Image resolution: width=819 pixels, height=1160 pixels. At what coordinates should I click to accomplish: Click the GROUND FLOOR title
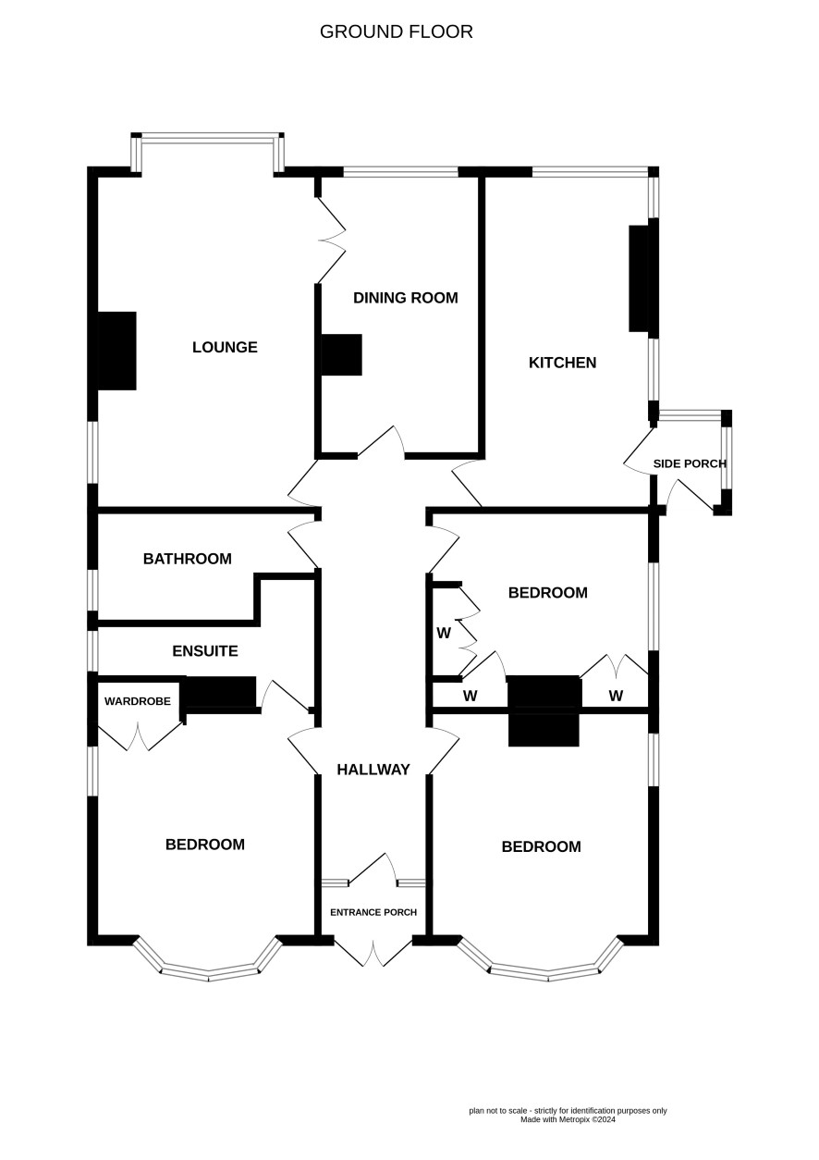tap(396, 32)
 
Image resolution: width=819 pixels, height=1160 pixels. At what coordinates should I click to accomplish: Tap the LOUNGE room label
tap(225, 347)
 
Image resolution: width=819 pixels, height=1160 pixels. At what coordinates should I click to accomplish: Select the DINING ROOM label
tap(405, 298)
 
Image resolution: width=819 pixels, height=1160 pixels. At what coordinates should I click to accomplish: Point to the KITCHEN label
tap(562, 363)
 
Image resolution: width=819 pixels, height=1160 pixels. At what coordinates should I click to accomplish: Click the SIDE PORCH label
tap(690, 463)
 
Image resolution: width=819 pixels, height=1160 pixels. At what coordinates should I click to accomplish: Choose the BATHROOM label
tap(188, 559)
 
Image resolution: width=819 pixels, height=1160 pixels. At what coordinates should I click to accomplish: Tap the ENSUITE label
tap(205, 651)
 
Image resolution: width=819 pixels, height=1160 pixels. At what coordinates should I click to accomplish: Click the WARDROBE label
tap(137, 701)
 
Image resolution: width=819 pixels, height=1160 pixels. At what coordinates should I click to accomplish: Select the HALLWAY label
tap(373, 770)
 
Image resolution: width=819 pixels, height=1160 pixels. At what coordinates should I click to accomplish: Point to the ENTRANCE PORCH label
tap(373, 912)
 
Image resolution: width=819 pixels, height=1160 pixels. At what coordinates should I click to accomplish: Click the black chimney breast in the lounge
tap(116, 351)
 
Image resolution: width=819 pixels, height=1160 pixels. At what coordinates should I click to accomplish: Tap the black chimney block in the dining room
tap(341, 354)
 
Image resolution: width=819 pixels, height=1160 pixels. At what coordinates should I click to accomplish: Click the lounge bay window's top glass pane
tap(207, 138)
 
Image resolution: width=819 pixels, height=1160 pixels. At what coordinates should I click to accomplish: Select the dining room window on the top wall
tap(401, 171)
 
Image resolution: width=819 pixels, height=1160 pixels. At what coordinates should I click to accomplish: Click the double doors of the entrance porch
tap(373, 954)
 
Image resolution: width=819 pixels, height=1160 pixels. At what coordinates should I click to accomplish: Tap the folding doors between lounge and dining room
tap(331, 241)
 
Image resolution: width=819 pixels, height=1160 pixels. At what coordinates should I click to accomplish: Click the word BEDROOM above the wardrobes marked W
tap(547, 592)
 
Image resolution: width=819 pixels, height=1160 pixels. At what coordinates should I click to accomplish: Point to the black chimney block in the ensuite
tap(221, 691)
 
